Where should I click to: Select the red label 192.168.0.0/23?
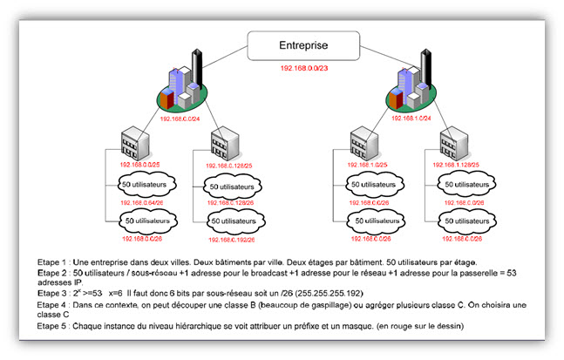click(x=304, y=66)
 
